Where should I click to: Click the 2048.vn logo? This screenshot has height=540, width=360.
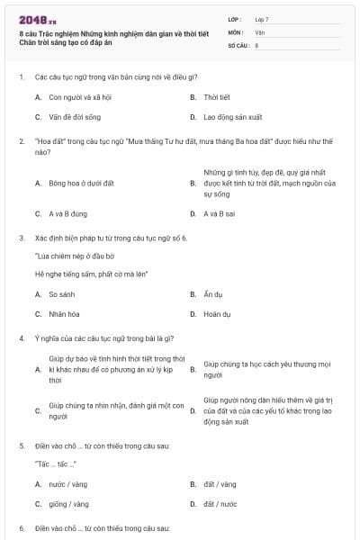coord(32,19)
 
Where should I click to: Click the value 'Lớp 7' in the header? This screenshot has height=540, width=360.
coord(263,19)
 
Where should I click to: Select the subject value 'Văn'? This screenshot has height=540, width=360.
coord(259,31)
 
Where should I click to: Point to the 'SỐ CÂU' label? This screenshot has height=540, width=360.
coord(238,44)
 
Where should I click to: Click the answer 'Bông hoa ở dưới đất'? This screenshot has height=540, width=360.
coord(81,183)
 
